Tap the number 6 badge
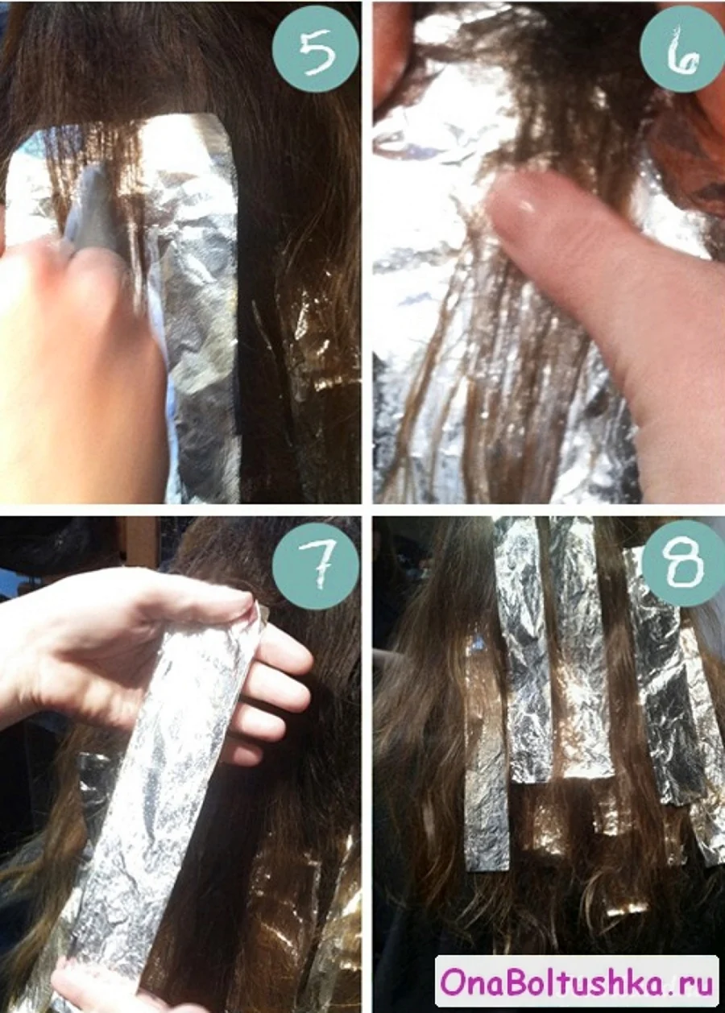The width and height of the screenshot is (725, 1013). coord(682,49)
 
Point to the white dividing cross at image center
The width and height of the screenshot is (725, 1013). coord(367,510)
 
